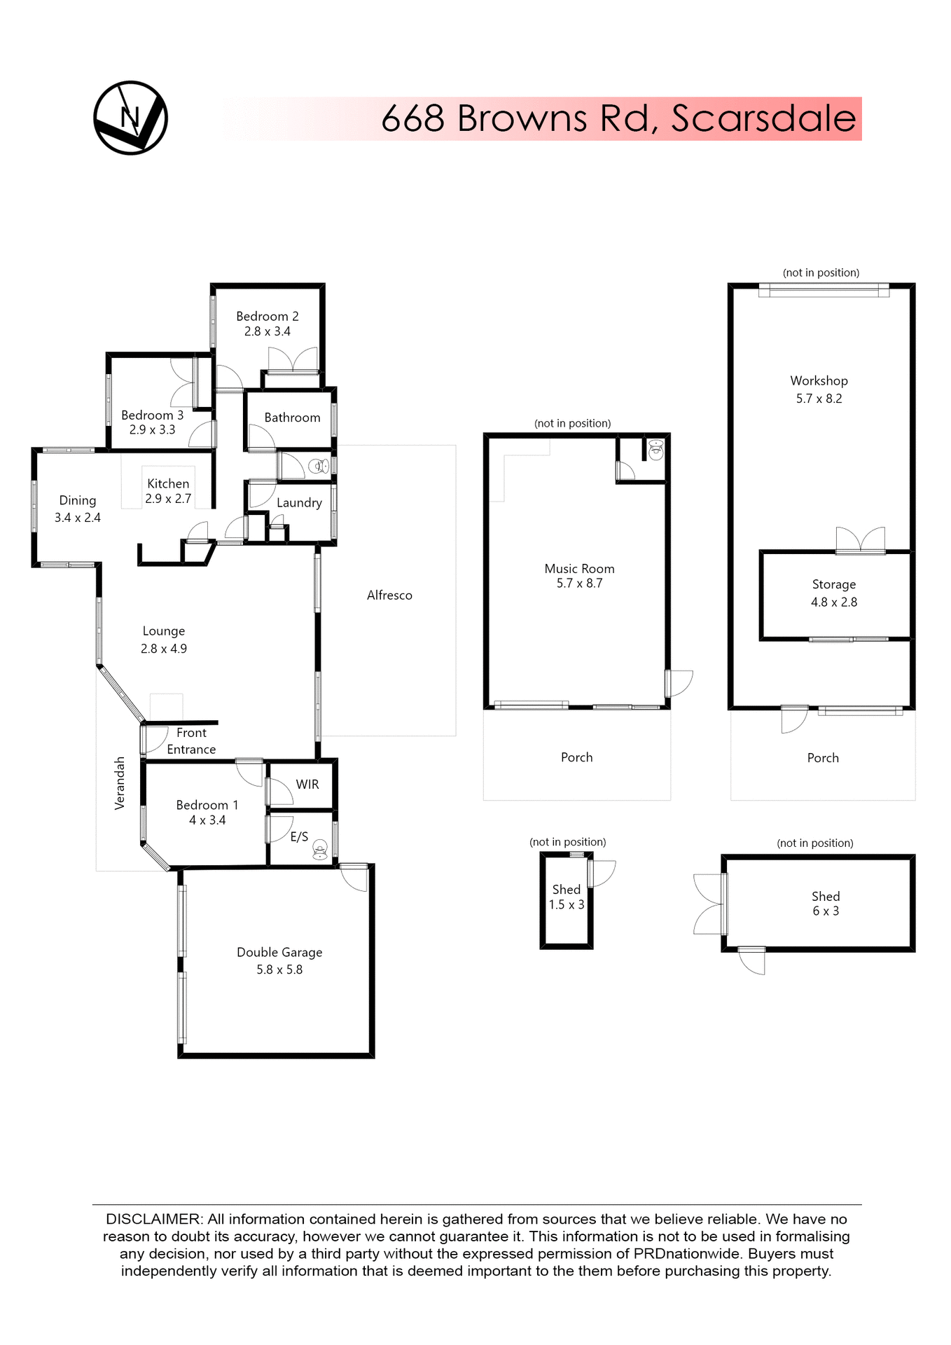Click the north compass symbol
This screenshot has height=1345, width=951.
130,118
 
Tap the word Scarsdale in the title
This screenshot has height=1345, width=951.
763,118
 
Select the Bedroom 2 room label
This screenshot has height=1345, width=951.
267,317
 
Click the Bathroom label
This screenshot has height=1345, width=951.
292,418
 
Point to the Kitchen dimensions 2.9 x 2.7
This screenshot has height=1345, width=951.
168,499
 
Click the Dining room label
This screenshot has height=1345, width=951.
77,500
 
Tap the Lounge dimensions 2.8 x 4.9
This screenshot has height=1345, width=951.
164,649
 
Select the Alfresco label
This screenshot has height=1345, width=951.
389,595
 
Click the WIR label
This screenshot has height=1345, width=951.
307,785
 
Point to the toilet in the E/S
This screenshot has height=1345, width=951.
320,849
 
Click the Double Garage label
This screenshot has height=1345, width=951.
279,952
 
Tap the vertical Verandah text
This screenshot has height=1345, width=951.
120,783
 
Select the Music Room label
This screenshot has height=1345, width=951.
579,569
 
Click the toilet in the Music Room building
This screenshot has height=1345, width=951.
655,449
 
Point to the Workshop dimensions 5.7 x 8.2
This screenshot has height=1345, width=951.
819,399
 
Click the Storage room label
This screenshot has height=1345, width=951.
833,584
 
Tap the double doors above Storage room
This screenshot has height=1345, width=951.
861,541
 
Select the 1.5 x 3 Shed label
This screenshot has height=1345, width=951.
567,897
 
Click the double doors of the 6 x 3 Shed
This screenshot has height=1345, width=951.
709,904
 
